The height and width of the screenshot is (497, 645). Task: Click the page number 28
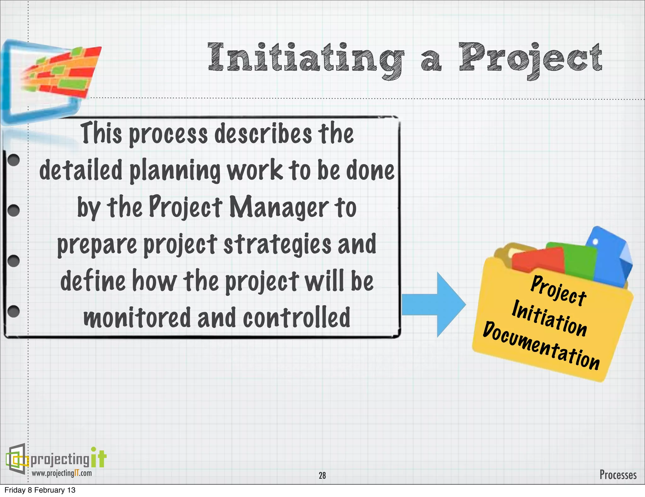click(322, 475)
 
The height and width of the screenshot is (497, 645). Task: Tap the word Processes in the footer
click(618, 475)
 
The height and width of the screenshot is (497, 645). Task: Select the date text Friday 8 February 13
click(40, 490)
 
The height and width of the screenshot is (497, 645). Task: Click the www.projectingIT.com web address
click(62, 473)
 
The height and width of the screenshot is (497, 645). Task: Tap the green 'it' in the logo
click(99, 458)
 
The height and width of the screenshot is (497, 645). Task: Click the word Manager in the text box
click(279, 207)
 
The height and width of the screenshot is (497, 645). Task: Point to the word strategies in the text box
click(277, 244)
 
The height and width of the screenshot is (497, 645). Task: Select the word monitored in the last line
click(137, 318)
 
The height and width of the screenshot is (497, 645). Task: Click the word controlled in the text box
click(296, 318)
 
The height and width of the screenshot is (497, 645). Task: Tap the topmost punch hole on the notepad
click(14, 160)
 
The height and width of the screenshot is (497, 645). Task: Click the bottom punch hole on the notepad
click(14, 311)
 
